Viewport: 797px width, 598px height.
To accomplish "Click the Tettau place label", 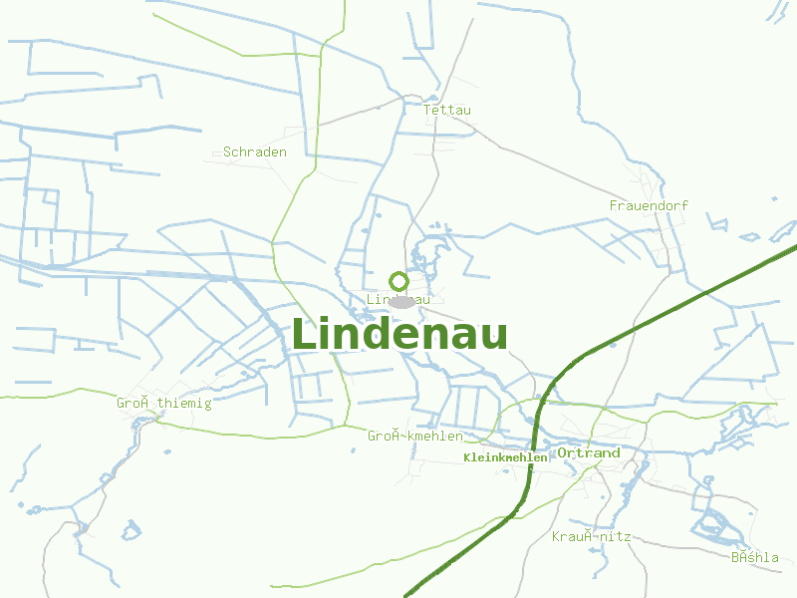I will tap(447, 110).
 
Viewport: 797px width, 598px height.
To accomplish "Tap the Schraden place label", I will tap(255, 152).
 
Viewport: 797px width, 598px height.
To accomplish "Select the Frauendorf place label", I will tap(649, 205).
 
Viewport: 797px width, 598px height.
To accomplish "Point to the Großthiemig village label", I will tap(164, 404).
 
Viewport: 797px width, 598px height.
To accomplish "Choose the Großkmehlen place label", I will tap(415, 437).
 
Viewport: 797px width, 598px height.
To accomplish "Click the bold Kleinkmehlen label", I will tap(505, 457).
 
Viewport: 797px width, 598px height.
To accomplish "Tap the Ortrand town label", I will tap(589, 452).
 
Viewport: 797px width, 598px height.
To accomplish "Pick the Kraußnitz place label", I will tap(592, 536).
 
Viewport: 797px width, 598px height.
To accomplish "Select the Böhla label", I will tap(755, 557).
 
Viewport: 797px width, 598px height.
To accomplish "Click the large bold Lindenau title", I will tap(399, 334).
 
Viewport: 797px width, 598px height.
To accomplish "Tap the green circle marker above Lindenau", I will tap(398, 281).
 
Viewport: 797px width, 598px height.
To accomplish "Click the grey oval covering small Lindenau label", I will tap(401, 301).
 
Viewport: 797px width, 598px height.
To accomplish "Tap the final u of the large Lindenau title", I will tap(494, 336).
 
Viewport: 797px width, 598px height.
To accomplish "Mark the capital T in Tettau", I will tap(427, 110).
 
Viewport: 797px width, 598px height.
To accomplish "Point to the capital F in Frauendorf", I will tap(614, 205).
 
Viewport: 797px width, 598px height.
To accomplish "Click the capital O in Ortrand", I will tap(563, 452).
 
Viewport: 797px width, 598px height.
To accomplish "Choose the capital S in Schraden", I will tap(227, 152).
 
